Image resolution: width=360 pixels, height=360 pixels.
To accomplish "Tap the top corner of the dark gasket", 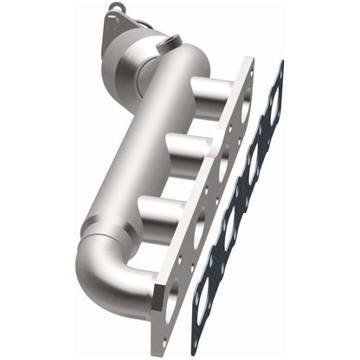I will tap(280, 61).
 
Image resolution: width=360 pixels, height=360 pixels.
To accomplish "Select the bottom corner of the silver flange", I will tap(157, 313).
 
